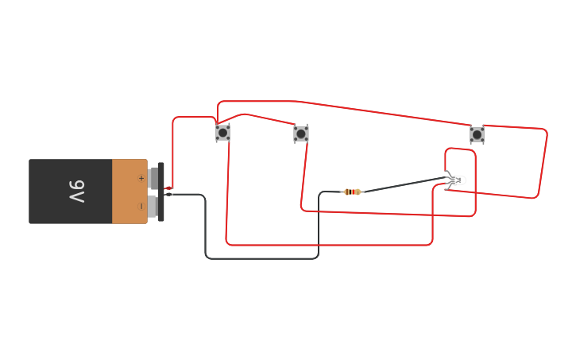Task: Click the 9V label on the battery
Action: pos(76,192)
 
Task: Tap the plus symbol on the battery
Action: pos(141,178)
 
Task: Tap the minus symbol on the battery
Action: pos(141,206)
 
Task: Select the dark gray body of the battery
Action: pos(70,192)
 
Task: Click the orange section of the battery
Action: pos(129,192)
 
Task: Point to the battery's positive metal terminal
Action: pos(153,178)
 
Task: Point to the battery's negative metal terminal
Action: pos(153,206)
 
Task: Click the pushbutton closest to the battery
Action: pos(222,133)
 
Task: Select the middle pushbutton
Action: pos(301,134)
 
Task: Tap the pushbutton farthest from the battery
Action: pos(477,134)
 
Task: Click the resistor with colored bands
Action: pos(352,192)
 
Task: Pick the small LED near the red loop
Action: pos(456,180)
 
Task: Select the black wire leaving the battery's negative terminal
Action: pos(206,230)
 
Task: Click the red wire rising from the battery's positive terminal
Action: pos(173,151)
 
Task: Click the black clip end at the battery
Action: pos(168,194)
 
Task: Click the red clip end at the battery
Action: pos(168,188)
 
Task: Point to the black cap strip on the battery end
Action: pos(160,192)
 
